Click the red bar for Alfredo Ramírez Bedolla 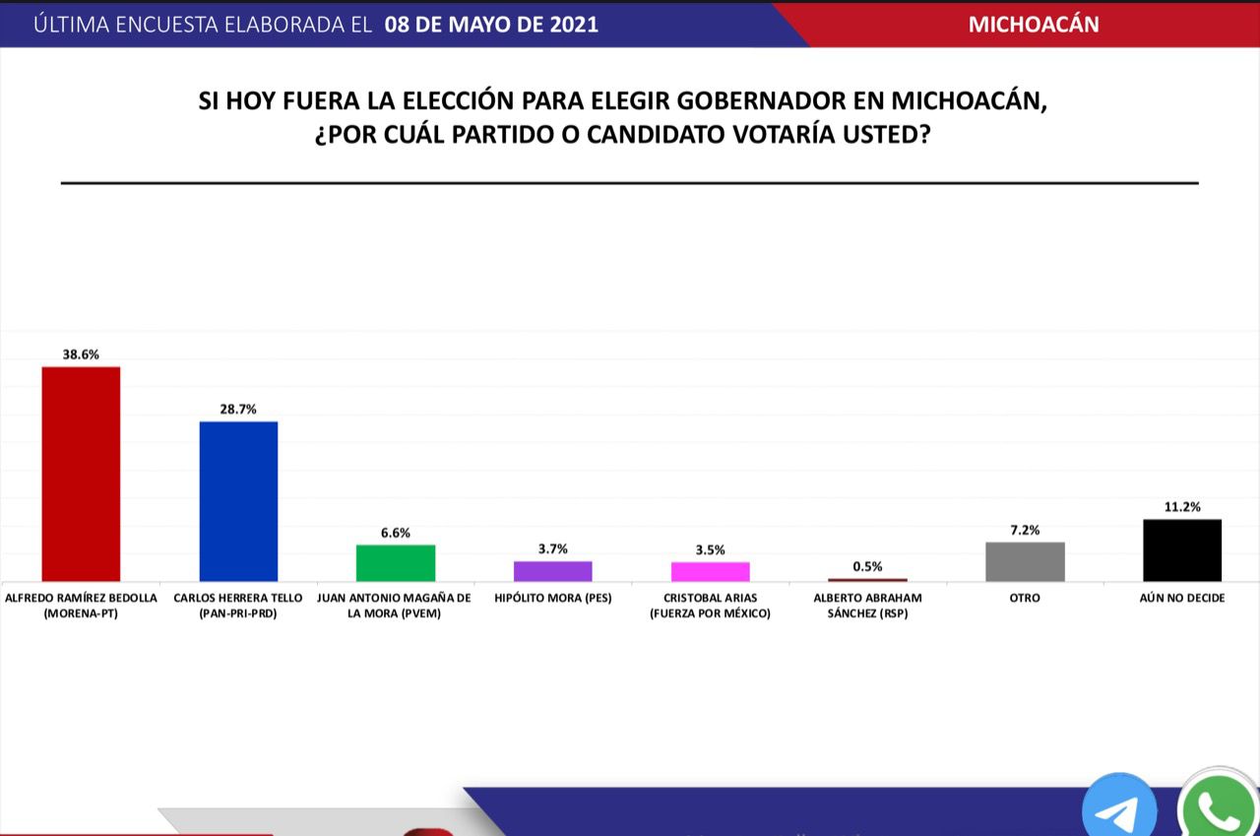(x=80, y=474)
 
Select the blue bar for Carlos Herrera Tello (x=238, y=501)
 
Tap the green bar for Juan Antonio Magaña (x=395, y=562)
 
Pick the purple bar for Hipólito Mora (x=552, y=571)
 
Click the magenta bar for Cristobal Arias (x=710, y=571)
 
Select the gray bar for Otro (x=1025, y=561)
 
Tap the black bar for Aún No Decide (x=1182, y=549)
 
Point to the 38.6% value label (x=81, y=353)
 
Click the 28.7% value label (x=238, y=409)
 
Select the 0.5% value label (x=867, y=566)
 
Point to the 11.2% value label (x=1182, y=506)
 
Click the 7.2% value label (x=1025, y=529)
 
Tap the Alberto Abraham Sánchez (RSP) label (x=867, y=606)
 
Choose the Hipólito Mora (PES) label (x=552, y=598)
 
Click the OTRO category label (x=1025, y=598)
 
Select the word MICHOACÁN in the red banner (x=1034, y=25)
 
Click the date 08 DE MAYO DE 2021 (x=491, y=25)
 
